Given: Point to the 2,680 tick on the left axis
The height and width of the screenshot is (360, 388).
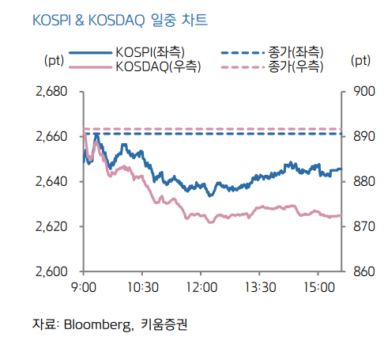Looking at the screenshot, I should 52,92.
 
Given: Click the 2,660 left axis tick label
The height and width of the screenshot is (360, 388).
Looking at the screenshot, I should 52,137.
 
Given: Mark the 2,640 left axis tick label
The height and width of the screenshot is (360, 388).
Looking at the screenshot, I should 52,182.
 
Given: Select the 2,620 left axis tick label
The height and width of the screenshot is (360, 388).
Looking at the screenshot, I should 52,227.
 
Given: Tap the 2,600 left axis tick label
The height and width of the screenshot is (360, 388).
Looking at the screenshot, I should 52,272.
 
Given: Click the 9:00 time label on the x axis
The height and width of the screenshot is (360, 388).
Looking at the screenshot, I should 84,287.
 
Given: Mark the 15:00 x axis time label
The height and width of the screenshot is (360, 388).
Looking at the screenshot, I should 318,287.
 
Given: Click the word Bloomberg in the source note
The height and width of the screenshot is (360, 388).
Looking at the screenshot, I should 96,324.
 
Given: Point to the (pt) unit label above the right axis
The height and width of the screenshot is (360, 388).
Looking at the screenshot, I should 360,60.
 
